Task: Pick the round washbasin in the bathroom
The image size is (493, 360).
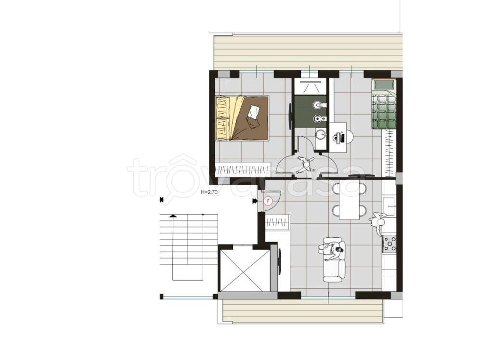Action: [x=321, y=135]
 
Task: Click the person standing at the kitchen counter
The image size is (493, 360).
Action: [x=377, y=223]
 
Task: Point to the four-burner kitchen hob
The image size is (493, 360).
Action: [x=389, y=244]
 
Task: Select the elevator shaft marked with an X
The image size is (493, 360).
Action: [x=245, y=270]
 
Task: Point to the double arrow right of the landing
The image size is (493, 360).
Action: [x=254, y=201]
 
